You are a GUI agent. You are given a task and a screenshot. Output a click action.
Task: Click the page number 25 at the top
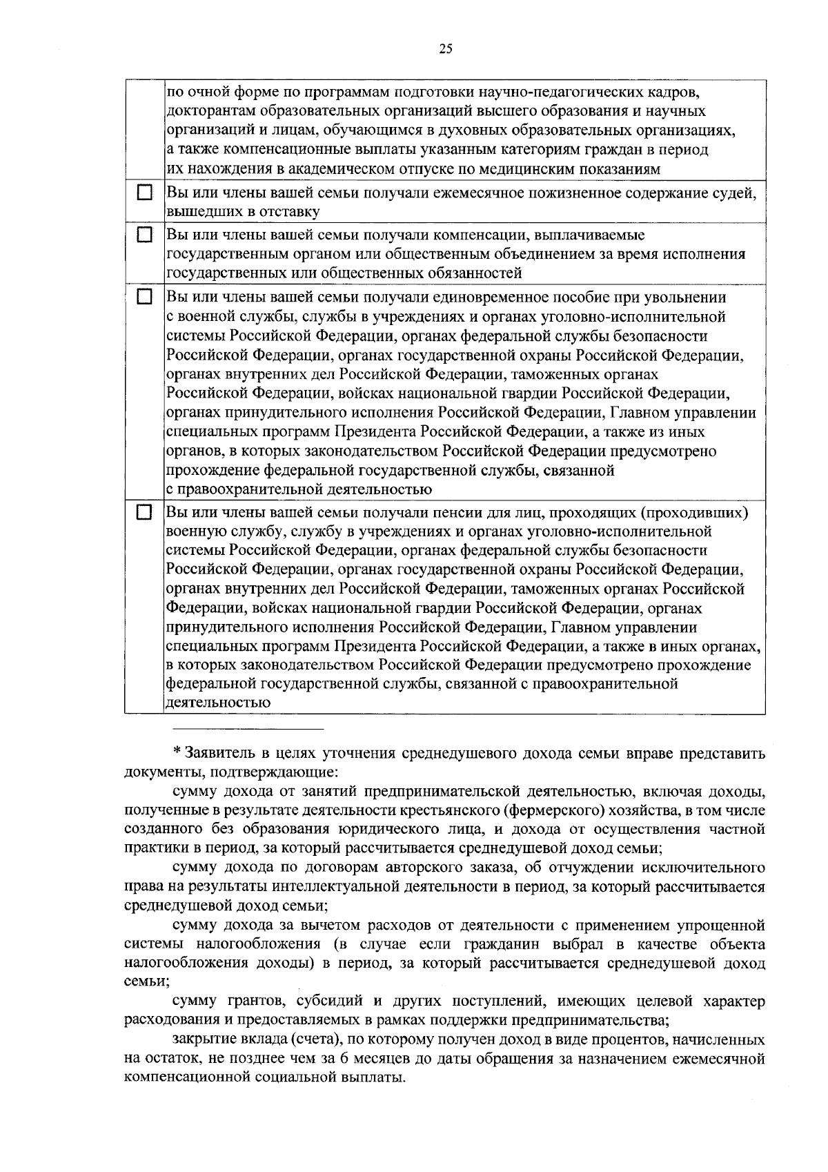445,48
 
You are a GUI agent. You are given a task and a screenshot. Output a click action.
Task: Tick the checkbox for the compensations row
144,235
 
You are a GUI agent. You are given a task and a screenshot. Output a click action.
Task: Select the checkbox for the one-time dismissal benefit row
144,297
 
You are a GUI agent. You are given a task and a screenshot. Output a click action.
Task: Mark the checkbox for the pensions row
144,513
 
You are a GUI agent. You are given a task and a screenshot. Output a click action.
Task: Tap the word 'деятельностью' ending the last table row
217,703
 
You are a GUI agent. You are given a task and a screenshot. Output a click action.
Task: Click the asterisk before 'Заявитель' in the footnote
176,751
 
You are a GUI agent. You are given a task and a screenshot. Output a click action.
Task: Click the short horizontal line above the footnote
247,729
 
